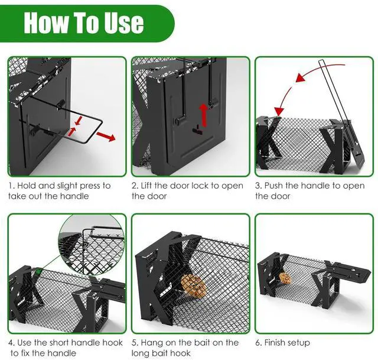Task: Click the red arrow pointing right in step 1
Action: pyautogui.click(x=106, y=137)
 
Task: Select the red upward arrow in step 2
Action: pyautogui.click(x=204, y=115)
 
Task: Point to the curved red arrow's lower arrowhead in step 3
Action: pyautogui.click(x=279, y=111)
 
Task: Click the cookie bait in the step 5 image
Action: pyautogui.click(x=194, y=287)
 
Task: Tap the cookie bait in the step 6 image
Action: pyautogui.click(x=285, y=278)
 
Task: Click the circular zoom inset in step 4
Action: pyautogui.click(x=92, y=245)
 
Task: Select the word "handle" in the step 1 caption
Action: pyautogui.click(x=74, y=196)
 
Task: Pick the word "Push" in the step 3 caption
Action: pyautogui.click(x=273, y=186)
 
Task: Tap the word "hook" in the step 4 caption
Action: pyautogui.click(x=113, y=342)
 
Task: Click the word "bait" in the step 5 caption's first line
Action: pyautogui.click(x=212, y=342)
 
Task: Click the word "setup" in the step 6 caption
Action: pyautogui.click(x=298, y=343)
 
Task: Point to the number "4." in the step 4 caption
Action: pyautogui.click(x=11, y=343)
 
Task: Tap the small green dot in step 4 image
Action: pyautogui.click(x=38, y=272)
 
